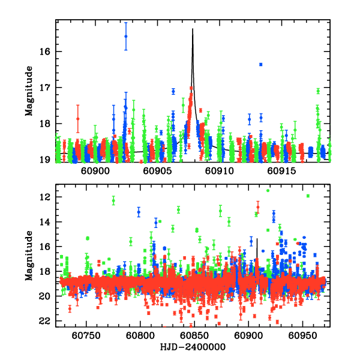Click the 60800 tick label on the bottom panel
coord(140,337)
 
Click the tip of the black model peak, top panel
coord(193,29)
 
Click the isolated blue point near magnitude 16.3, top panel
coord(261,64)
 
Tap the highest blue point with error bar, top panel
coord(126,36)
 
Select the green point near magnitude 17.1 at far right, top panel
coord(318,91)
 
